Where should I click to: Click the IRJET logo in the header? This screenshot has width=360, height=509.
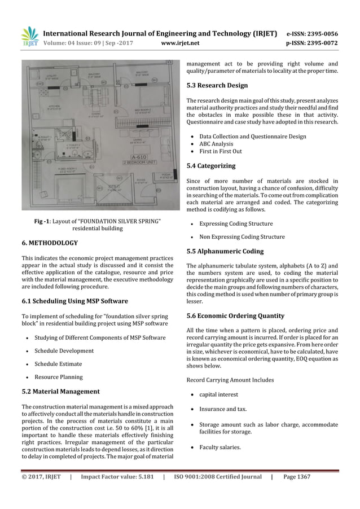(29, 36)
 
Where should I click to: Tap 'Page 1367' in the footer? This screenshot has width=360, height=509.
(296, 477)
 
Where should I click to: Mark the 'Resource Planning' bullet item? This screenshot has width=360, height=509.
(58, 376)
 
